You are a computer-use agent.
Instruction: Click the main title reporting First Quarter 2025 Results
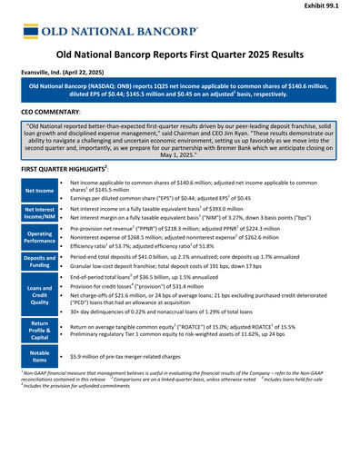pos(180,55)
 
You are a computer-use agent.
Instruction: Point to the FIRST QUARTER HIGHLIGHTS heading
pos(65,170)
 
